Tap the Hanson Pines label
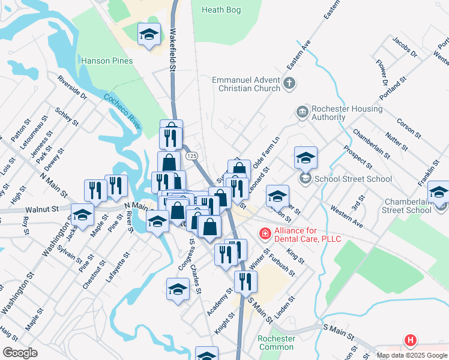pyautogui.click(x=106, y=61)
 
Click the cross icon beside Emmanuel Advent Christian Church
pyautogui.click(x=289, y=83)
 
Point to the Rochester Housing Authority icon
pyautogui.click(x=301, y=112)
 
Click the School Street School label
pyautogui.click(x=354, y=179)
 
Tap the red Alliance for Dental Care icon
pyautogui.click(x=264, y=233)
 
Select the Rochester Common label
pyautogui.click(x=276, y=343)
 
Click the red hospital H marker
pyautogui.click(x=411, y=341)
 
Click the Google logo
pyautogui.click(x=20, y=353)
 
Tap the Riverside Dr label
pyautogui.click(x=73, y=88)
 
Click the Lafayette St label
pyautogui.click(x=118, y=268)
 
